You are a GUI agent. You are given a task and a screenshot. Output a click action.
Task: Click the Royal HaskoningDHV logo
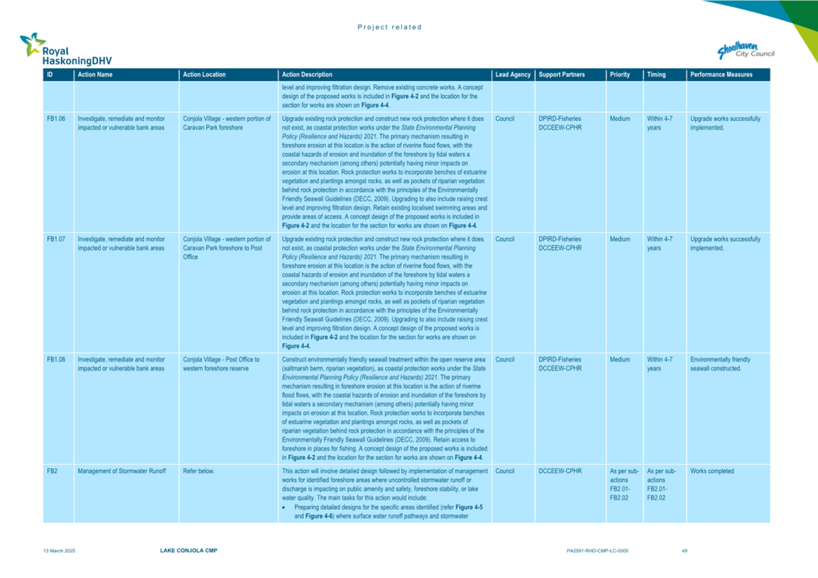tap(65, 50)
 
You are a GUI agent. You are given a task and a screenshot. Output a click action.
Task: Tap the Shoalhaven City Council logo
tap(746, 51)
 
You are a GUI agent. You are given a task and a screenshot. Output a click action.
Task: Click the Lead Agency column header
tap(512, 75)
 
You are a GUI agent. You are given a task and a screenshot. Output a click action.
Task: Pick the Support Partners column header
tap(561, 75)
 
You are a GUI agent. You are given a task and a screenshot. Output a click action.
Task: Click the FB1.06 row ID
tap(56, 119)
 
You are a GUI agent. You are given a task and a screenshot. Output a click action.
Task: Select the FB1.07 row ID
tap(56, 239)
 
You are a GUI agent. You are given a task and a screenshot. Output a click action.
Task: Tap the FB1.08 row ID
tap(56, 360)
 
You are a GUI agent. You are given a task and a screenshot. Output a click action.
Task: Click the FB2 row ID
tap(52, 471)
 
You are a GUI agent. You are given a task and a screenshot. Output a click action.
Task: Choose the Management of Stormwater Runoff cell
tap(122, 471)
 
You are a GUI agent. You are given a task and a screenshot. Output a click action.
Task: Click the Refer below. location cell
tap(199, 471)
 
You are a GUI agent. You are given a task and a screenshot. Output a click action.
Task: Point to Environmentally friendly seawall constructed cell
tap(720, 364)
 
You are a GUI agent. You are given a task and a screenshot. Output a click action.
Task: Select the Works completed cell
tap(711, 471)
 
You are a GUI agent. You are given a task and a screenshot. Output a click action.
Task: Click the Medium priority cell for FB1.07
tap(619, 239)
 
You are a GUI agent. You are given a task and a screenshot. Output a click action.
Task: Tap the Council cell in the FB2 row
tap(504, 471)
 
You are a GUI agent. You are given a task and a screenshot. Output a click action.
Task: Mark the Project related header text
tap(390, 27)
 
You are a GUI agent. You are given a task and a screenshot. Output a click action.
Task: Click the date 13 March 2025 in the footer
tap(59, 551)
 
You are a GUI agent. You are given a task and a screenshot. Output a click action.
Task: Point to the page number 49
tap(684, 551)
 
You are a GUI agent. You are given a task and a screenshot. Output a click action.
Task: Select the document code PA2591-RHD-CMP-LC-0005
tap(597, 551)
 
